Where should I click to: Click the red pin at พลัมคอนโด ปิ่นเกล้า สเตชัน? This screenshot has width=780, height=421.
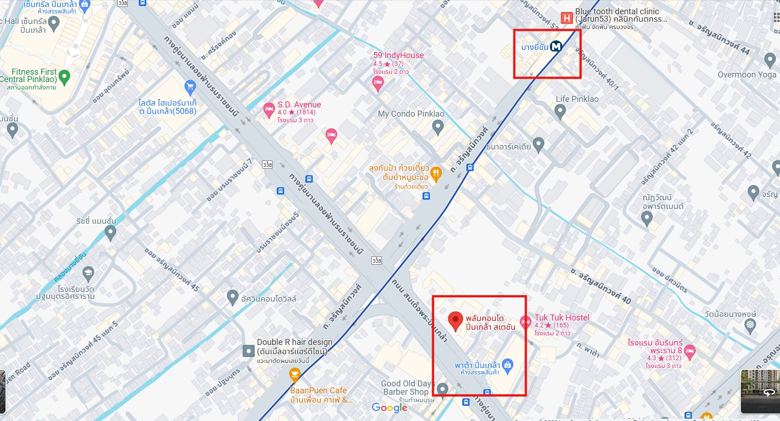coord(455,320)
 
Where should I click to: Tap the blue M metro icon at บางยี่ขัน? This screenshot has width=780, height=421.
coord(556,46)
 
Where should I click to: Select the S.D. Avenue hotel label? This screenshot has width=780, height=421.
coord(299,105)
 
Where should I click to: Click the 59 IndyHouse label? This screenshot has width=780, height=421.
coord(398,55)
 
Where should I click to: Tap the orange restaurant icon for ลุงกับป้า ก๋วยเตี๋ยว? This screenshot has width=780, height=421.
coord(436,173)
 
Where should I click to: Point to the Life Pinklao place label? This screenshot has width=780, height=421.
coord(577,99)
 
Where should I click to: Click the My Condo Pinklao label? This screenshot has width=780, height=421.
coord(411,114)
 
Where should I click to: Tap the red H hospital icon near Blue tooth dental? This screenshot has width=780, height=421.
coord(566,18)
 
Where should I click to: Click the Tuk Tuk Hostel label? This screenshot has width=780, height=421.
coord(562,318)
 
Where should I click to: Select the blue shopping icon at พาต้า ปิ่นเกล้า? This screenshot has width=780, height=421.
coord(507,365)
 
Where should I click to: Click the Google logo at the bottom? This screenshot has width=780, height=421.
coord(390,408)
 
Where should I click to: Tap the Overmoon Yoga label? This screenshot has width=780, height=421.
coord(747,75)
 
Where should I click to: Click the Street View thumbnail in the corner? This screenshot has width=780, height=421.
coord(760,391)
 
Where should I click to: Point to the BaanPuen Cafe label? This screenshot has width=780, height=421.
coord(318,391)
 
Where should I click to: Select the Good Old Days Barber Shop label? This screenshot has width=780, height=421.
coord(406,388)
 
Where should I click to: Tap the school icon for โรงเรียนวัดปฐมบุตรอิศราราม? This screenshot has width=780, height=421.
coord(88,273)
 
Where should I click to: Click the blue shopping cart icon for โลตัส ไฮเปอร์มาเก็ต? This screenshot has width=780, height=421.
coord(190,86)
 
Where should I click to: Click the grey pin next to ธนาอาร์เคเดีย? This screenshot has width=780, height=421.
coord(538,144)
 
